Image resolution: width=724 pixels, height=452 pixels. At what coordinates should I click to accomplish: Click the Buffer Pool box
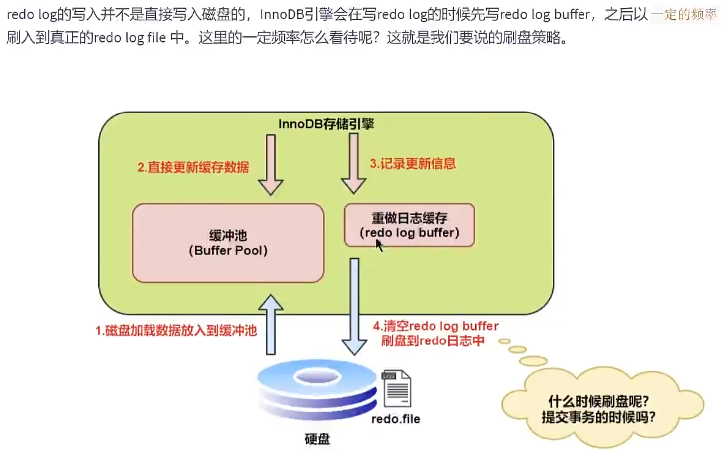coord(228,243)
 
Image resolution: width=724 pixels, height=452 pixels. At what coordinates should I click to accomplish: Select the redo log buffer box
coord(409,225)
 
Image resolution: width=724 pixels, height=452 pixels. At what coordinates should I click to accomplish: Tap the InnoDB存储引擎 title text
coord(326,124)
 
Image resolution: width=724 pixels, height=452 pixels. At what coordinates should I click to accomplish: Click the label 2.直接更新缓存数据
coord(193,167)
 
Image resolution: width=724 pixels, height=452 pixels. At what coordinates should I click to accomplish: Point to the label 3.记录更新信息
coord(413,164)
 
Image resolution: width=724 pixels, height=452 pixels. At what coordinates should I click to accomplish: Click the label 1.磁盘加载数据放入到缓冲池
coord(176,331)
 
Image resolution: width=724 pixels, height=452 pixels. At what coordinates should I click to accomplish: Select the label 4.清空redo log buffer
coord(435,326)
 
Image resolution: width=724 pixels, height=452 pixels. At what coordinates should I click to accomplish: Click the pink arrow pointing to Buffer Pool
coord(271,164)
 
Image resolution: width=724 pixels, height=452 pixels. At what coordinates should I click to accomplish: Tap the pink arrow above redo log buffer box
coord(353,163)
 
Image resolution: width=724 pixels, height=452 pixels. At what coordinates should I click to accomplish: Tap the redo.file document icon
coord(396,389)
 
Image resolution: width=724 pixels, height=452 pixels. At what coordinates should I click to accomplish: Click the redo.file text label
coord(396,419)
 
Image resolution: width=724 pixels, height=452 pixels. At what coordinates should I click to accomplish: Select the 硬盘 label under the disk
coord(317,439)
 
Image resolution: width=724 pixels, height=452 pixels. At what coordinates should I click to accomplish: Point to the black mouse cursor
coord(379,245)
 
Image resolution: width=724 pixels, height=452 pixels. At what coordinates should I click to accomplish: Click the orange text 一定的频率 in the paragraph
coord(684,14)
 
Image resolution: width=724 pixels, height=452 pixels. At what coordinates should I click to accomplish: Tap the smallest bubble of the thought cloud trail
coord(504,341)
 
